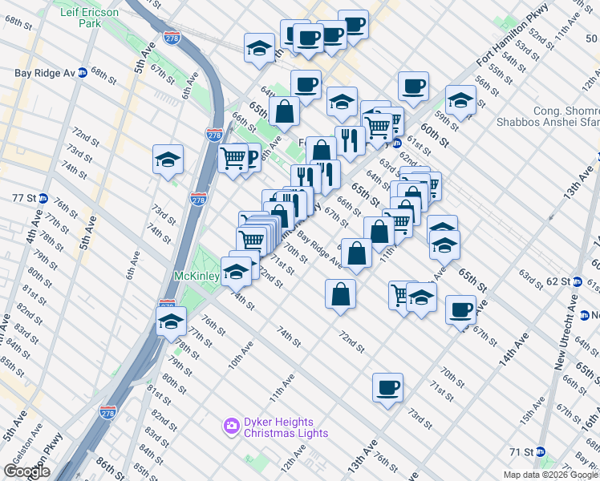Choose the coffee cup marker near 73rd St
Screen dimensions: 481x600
(x=387, y=388)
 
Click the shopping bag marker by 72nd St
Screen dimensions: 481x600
(x=341, y=293)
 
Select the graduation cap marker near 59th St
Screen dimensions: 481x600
(x=460, y=100)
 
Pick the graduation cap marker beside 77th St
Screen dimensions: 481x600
(x=170, y=322)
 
